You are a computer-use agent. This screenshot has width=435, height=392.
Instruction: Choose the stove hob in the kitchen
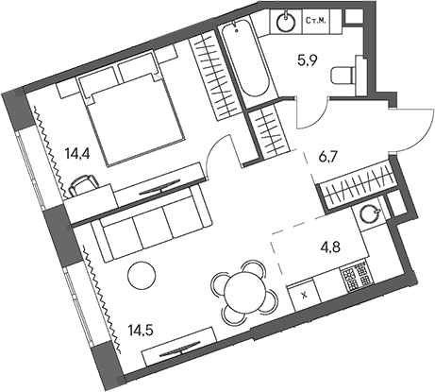(359, 278)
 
